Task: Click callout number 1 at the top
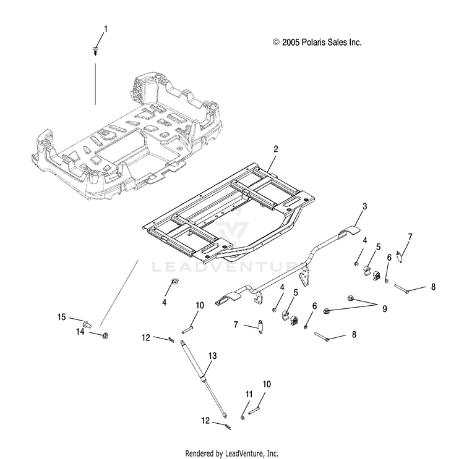105,29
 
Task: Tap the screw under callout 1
95,51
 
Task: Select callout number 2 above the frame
276,149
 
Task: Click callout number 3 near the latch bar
365,206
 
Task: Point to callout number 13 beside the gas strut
212,356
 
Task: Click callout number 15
61,317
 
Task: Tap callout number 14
80,332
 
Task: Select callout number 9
385,309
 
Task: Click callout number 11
249,394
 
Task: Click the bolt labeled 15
87,324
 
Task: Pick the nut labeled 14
105,335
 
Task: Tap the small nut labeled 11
243,418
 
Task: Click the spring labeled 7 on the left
260,327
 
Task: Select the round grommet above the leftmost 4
176,281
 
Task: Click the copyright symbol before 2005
276,42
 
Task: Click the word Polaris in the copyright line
314,42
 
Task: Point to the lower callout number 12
205,420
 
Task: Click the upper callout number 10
200,305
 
